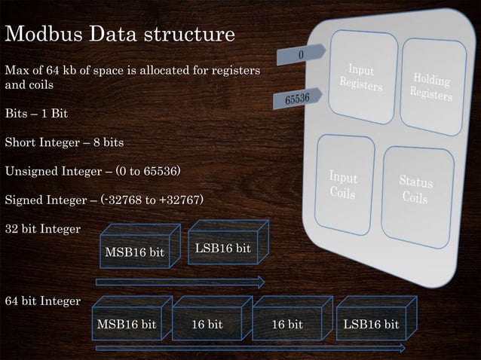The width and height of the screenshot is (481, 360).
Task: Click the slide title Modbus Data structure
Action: click(120, 35)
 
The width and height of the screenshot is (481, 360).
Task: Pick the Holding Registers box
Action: click(431, 86)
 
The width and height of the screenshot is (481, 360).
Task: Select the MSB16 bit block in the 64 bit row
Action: click(127, 325)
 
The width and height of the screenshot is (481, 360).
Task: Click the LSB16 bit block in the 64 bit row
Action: click(371, 325)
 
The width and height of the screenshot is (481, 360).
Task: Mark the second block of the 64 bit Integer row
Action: click(207, 325)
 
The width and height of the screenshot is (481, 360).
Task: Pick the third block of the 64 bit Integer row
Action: click(287, 325)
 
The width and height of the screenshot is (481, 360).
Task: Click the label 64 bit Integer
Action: click(43, 301)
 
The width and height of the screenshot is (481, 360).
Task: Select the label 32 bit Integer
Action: click(43, 228)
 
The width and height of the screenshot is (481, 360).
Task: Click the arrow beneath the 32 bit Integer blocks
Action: click(181, 282)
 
